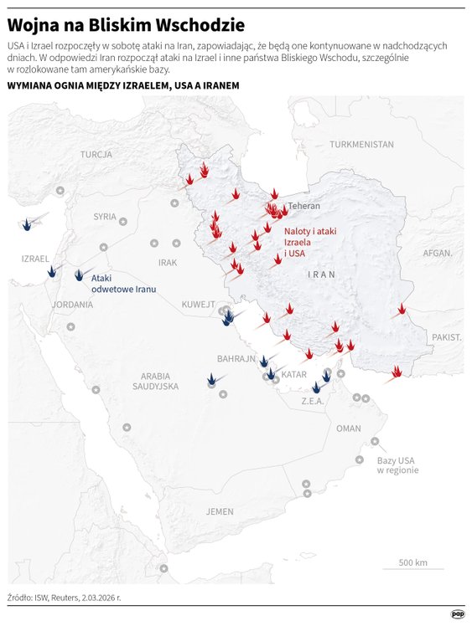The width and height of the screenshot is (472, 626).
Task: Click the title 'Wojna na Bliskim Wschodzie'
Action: (x=127, y=23)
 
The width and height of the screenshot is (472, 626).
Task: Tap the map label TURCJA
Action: (x=96, y=155)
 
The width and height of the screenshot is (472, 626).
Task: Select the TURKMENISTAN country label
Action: (x=361, y=144)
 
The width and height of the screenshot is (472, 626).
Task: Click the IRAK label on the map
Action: (x=168, y=263)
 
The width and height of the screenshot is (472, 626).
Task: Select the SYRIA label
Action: (x=105, y=216)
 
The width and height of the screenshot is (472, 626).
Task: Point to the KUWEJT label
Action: (x=199, y=305)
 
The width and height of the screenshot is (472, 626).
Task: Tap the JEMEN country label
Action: (x=220, y=511)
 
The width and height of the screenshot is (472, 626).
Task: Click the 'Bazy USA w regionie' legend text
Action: (x=397, y=465)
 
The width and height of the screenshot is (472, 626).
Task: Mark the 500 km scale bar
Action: (x=412, y=567)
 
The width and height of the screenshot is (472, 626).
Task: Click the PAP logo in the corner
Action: (x=457, y=613)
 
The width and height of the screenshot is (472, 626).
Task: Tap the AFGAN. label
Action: (x=437, y=252)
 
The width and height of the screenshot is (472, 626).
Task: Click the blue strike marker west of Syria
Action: (x=28, y=223)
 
